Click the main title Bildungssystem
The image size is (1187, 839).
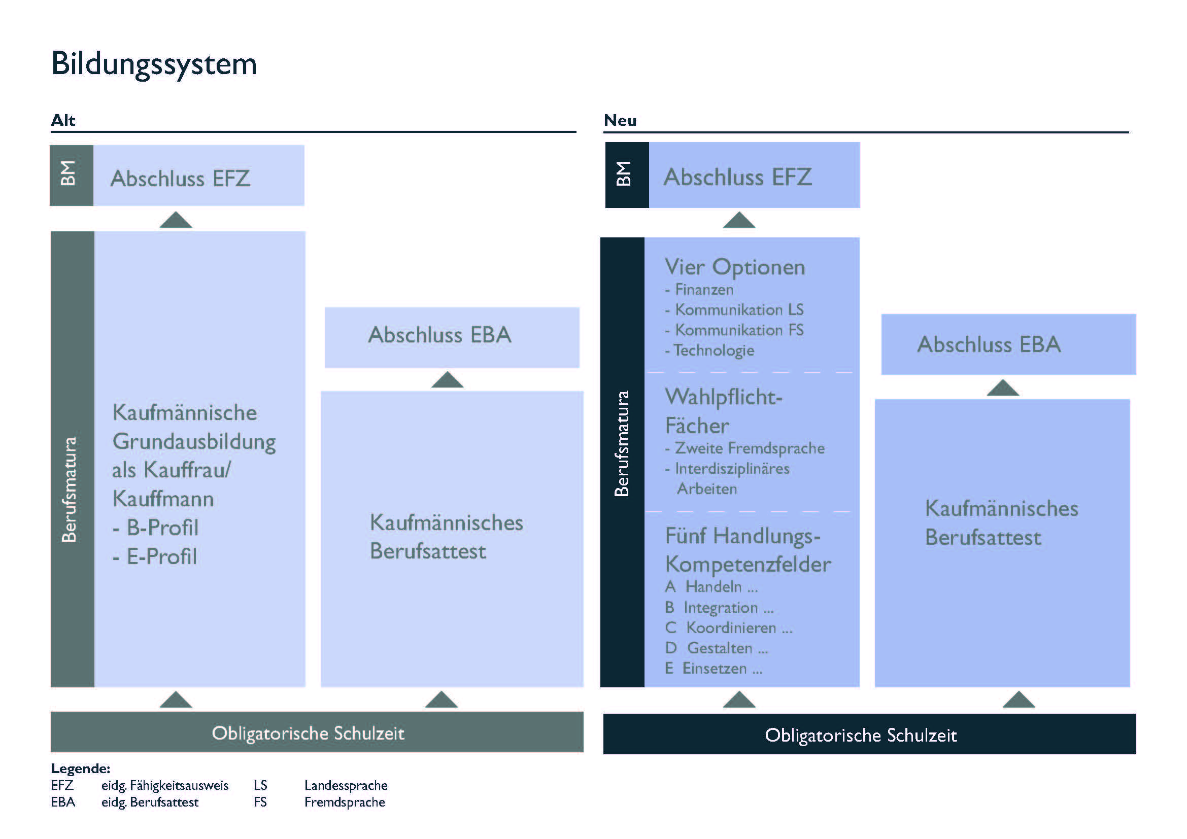[x=154, y=64]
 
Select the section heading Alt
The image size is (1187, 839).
[x=63, y=120]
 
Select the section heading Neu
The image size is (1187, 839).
[x=620, y=120]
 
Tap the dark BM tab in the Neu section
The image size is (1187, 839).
[x=626, y=174]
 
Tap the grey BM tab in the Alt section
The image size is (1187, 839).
[x=71, y=175]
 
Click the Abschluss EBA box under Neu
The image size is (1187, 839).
[x=1008, y=344]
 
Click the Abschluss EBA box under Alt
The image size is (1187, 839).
[x=451, y=337]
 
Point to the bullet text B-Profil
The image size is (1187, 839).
[x=162, y=528]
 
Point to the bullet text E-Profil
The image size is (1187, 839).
[x=161, y=557]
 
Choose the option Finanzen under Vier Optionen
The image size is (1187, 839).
[x=703, y=290]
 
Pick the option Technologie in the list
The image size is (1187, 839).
[x=714, y=351]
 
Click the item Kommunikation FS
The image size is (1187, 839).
[x=739, y=330]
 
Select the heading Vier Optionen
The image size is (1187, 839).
[x=735, y=267]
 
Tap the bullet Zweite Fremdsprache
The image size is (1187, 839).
[x=749, y=448]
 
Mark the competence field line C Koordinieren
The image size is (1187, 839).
[x=728, y=627]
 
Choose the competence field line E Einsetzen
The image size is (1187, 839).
[x=714, y=669]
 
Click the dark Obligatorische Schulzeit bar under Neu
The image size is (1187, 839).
[x=869, y=734]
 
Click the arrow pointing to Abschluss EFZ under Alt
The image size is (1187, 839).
[x=176, y=220]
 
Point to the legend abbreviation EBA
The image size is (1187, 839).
[x=63, y=802]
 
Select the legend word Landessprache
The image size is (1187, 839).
[x=346, y=785]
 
